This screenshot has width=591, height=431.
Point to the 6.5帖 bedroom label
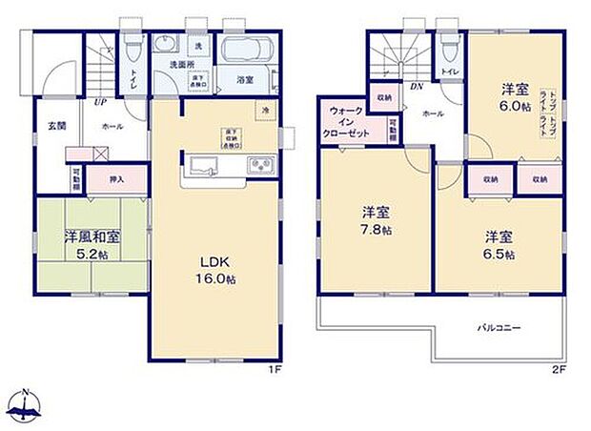499,245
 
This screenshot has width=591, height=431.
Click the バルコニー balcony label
499,328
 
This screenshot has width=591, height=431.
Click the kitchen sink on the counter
204,168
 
